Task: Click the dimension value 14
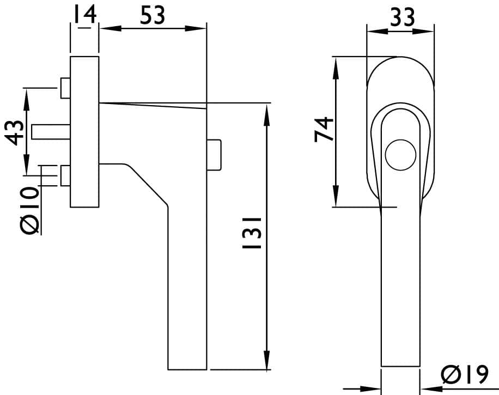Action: click(x=84, y=14)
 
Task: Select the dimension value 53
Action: click(x=153, y=15)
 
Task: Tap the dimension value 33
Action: click(x=403, y=17)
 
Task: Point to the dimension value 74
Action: click(x=324, y=129)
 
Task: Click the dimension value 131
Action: click(x=252, y=233)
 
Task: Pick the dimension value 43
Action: click(x=14, y=132)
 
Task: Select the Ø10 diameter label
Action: click(x=29, y=210)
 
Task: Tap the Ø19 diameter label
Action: click(x=465, y=375)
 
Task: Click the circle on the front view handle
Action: click(x=400, y=155)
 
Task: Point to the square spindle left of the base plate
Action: click(x=51, y=132)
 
